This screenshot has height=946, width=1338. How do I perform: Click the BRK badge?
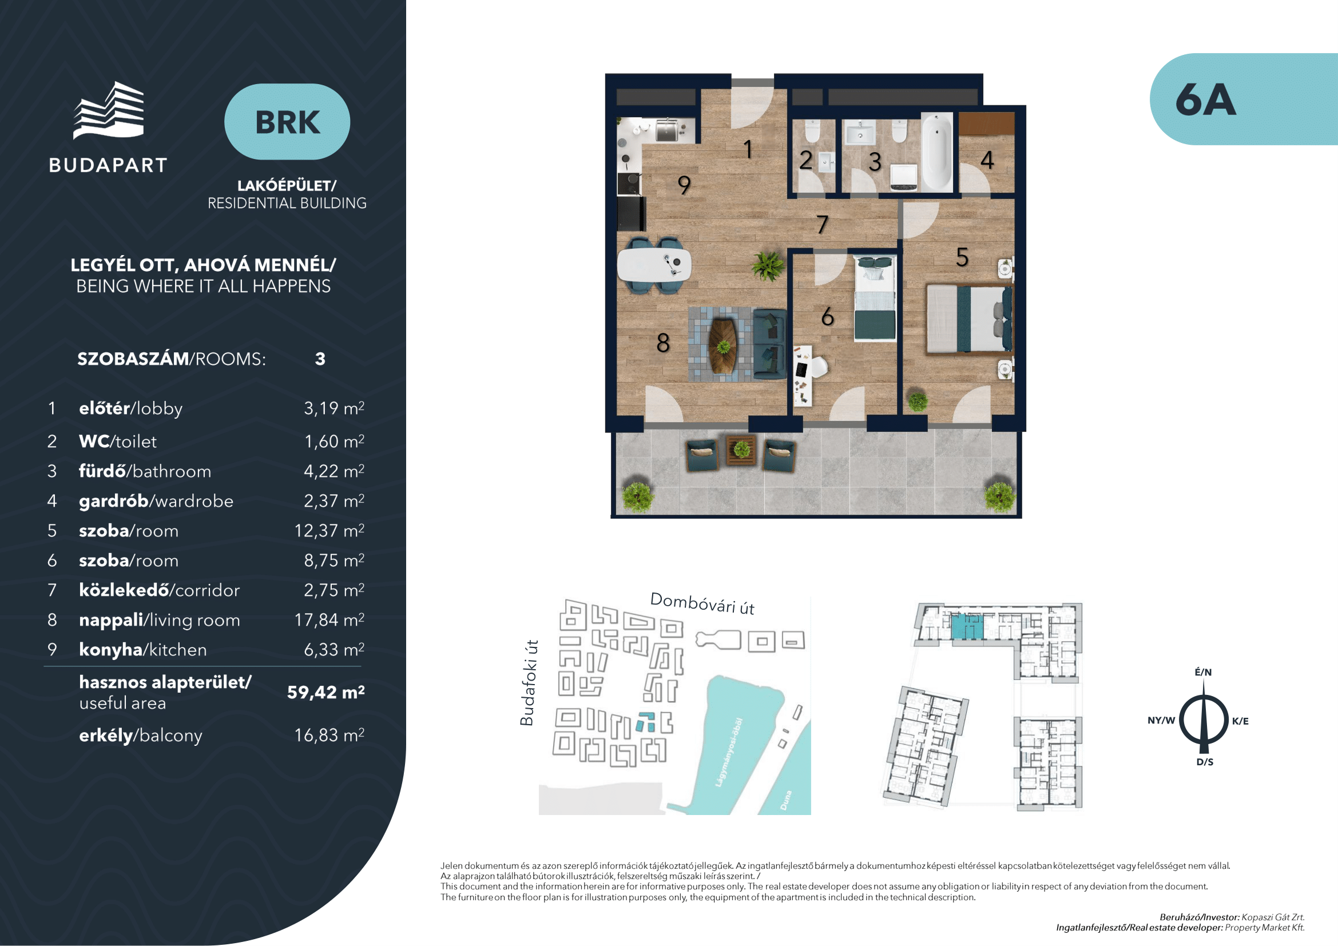click(287, 122)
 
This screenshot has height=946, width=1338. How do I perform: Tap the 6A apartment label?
click(1205, 100)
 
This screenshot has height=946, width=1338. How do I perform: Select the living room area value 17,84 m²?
click(329, 619)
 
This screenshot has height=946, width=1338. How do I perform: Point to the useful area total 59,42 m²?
click(325, 692)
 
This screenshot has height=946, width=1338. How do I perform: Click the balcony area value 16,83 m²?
click(329, 734)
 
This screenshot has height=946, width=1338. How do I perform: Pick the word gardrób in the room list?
click(114, 501)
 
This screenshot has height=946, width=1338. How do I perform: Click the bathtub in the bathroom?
click(936, 152)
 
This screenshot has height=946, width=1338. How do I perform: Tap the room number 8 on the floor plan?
click(662, 343)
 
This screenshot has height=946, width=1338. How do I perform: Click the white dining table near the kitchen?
click(654, 265)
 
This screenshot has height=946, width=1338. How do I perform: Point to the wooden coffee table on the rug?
click(723, 346)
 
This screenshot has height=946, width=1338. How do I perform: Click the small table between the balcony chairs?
click(741, 450)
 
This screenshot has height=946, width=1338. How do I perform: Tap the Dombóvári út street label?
click(702, 603)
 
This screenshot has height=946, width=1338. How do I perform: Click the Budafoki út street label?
click(529, 683)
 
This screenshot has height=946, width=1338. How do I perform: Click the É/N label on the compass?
click(1204, 671)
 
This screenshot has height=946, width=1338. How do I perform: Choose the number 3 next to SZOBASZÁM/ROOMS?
click(320, 359)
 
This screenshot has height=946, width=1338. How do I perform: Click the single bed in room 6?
click(875, 298)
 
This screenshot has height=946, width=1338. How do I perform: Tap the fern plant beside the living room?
click(768, 267)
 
